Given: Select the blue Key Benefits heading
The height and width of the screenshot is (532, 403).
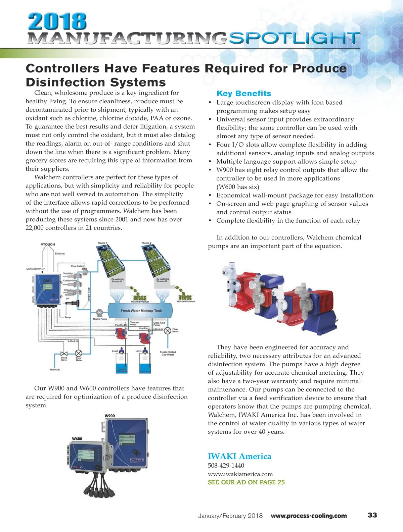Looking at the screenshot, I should click(x=244, y=94).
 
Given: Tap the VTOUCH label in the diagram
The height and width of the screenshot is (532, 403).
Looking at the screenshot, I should click(x=48, y=244).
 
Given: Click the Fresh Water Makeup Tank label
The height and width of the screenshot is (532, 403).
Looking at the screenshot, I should click(x=141, y=311).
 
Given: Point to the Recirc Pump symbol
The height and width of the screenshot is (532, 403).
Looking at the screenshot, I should click(x=99, y=312).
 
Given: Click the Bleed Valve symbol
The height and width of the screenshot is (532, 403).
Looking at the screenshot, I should click(x=63, y=354).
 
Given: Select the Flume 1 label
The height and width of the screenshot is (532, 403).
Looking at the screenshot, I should click(x=102, y=243).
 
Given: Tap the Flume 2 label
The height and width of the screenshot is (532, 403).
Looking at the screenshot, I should click(x=146, y=243).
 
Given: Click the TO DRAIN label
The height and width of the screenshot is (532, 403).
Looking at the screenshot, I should click(x=55, y=370).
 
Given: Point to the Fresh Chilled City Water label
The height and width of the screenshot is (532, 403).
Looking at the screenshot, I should click(x=168, y=353).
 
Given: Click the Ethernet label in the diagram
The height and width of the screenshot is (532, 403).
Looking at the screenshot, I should click(x=60, y=254).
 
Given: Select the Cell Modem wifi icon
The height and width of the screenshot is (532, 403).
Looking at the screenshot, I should click(x=43, y=269).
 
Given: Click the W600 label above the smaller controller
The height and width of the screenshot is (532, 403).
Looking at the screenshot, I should click(x=77, y=439).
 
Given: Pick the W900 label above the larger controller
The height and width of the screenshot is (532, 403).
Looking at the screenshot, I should click(x=109, y=416).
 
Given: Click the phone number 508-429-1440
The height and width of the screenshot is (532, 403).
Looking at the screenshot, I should click(x=226, y=466).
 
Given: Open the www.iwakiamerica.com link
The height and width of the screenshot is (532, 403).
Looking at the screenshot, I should click(x=240, y=474).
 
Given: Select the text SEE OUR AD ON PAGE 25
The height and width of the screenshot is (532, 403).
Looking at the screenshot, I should click(x=246, y=482).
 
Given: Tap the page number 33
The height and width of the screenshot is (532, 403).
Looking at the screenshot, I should click(x=372, y=515).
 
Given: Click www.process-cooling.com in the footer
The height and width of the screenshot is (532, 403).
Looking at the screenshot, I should click(x=309, y=516).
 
